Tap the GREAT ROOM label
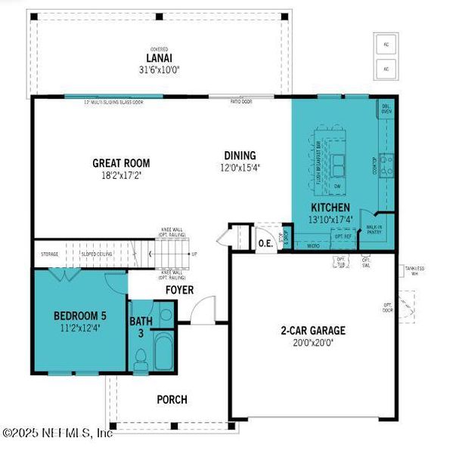pyautogui.click(x=121, y=162)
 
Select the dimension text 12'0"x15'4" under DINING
pyautogui.click(x=238, y=168)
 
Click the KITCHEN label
pyautogui.click(x=330, y=207)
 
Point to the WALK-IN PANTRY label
pyautogui.click(x=374, y=229)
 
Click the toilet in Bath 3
pyautogui.click(x=140, y=358)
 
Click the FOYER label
pyautogui.click(x=180, y=289)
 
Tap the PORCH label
pyautogui.click(x=172, y=399)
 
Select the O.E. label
pyautogui.click(x=265, y=242)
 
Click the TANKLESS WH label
pyautogui.click(x=414, y=270)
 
